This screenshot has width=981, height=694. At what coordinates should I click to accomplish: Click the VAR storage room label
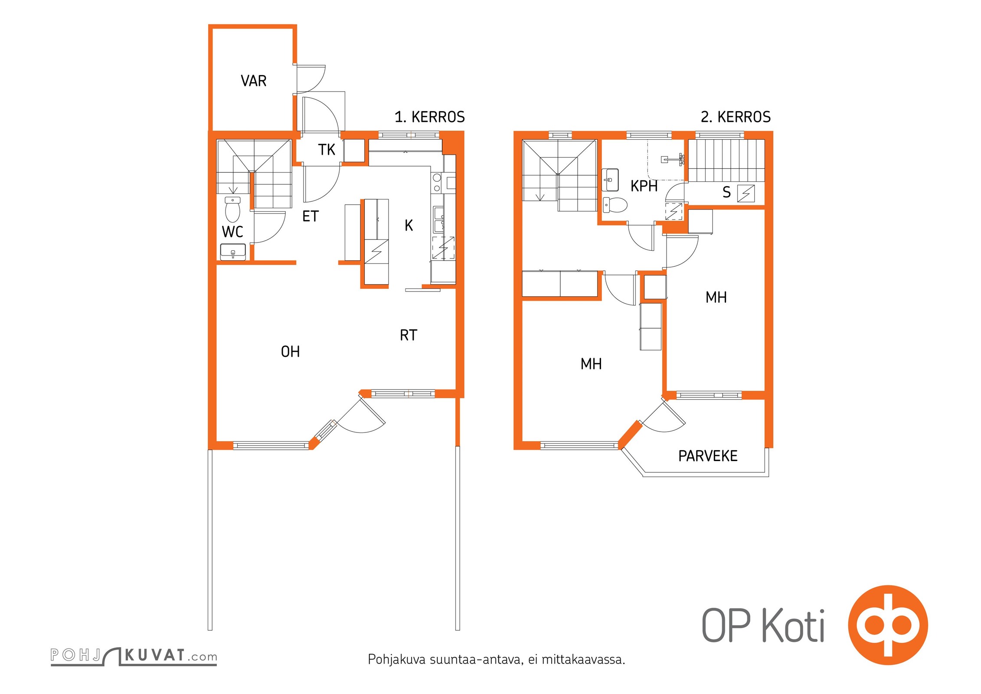tap(254, 81)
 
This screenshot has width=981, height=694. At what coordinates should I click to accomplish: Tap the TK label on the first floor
tap(327, 150)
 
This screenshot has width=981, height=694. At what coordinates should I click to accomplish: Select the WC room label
tap(232, 232)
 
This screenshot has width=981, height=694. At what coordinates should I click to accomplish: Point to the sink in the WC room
tap(233, 252)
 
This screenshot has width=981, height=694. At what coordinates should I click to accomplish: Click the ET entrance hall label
tap(311, 216)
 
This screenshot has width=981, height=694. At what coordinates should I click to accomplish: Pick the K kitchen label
tap(409, 225)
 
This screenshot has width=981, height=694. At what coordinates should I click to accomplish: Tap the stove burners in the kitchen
tap(437, 183)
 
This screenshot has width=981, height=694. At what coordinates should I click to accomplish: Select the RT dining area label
tap(409, 335)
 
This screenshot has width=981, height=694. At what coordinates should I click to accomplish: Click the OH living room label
tap(291, 351)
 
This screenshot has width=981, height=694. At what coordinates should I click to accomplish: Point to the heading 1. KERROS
tap(429, 117)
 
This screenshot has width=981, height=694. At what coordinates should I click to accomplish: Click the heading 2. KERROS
tap(736, 117)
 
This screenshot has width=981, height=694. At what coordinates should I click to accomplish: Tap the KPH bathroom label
tap(644, 186)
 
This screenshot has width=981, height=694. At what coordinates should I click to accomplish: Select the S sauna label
tap(726, 192)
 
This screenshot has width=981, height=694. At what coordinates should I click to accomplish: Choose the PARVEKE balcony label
tap(708, 456)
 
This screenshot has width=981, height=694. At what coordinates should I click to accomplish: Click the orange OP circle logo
tap(888, 625)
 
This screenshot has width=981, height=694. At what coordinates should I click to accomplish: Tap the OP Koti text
tap(763, 625)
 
